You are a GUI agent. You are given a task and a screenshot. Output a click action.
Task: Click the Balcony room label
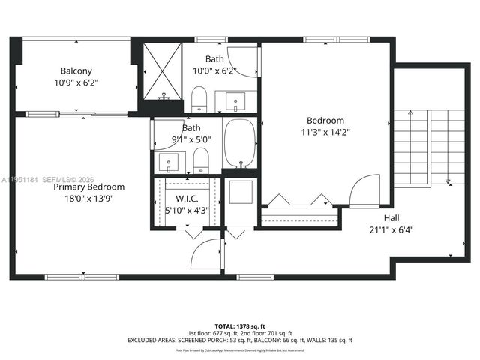76,71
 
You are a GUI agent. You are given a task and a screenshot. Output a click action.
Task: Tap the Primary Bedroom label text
88,187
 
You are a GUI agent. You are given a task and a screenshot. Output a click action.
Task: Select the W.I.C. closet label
187,199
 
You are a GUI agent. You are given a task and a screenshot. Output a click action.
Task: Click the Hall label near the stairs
391,217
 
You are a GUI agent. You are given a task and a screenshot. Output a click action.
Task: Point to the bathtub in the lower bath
241,144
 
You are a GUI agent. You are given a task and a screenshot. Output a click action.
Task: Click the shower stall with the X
163,71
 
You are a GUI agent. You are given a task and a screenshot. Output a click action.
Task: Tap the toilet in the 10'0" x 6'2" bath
199,98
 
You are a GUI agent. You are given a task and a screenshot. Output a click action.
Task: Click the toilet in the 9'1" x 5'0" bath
200,160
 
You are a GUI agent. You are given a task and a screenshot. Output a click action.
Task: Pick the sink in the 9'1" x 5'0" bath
170,160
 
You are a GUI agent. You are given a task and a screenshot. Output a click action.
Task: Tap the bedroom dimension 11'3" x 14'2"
325,132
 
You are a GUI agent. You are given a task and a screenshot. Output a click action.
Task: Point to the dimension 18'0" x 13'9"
88,199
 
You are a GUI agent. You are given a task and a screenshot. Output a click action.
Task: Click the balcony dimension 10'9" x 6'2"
76,82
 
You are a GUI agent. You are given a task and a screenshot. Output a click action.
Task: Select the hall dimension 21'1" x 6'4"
391,229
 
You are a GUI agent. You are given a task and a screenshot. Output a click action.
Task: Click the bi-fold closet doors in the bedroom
298,200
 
